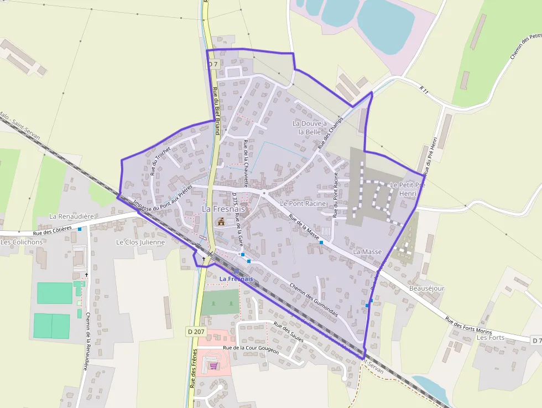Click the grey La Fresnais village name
pos(223,209)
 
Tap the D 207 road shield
pos(195,331)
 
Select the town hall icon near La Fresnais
pos(221,222)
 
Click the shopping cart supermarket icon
pos(213,365)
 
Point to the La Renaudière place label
pos(71,216)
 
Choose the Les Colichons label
pos(22,242)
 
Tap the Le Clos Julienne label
pos(140,242)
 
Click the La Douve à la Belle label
pos(310,127)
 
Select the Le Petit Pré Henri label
pos(408,189)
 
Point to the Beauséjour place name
pos(426,288)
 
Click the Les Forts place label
pos(491,337)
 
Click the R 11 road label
pos(424,91)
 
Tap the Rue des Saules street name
pos(289,331)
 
